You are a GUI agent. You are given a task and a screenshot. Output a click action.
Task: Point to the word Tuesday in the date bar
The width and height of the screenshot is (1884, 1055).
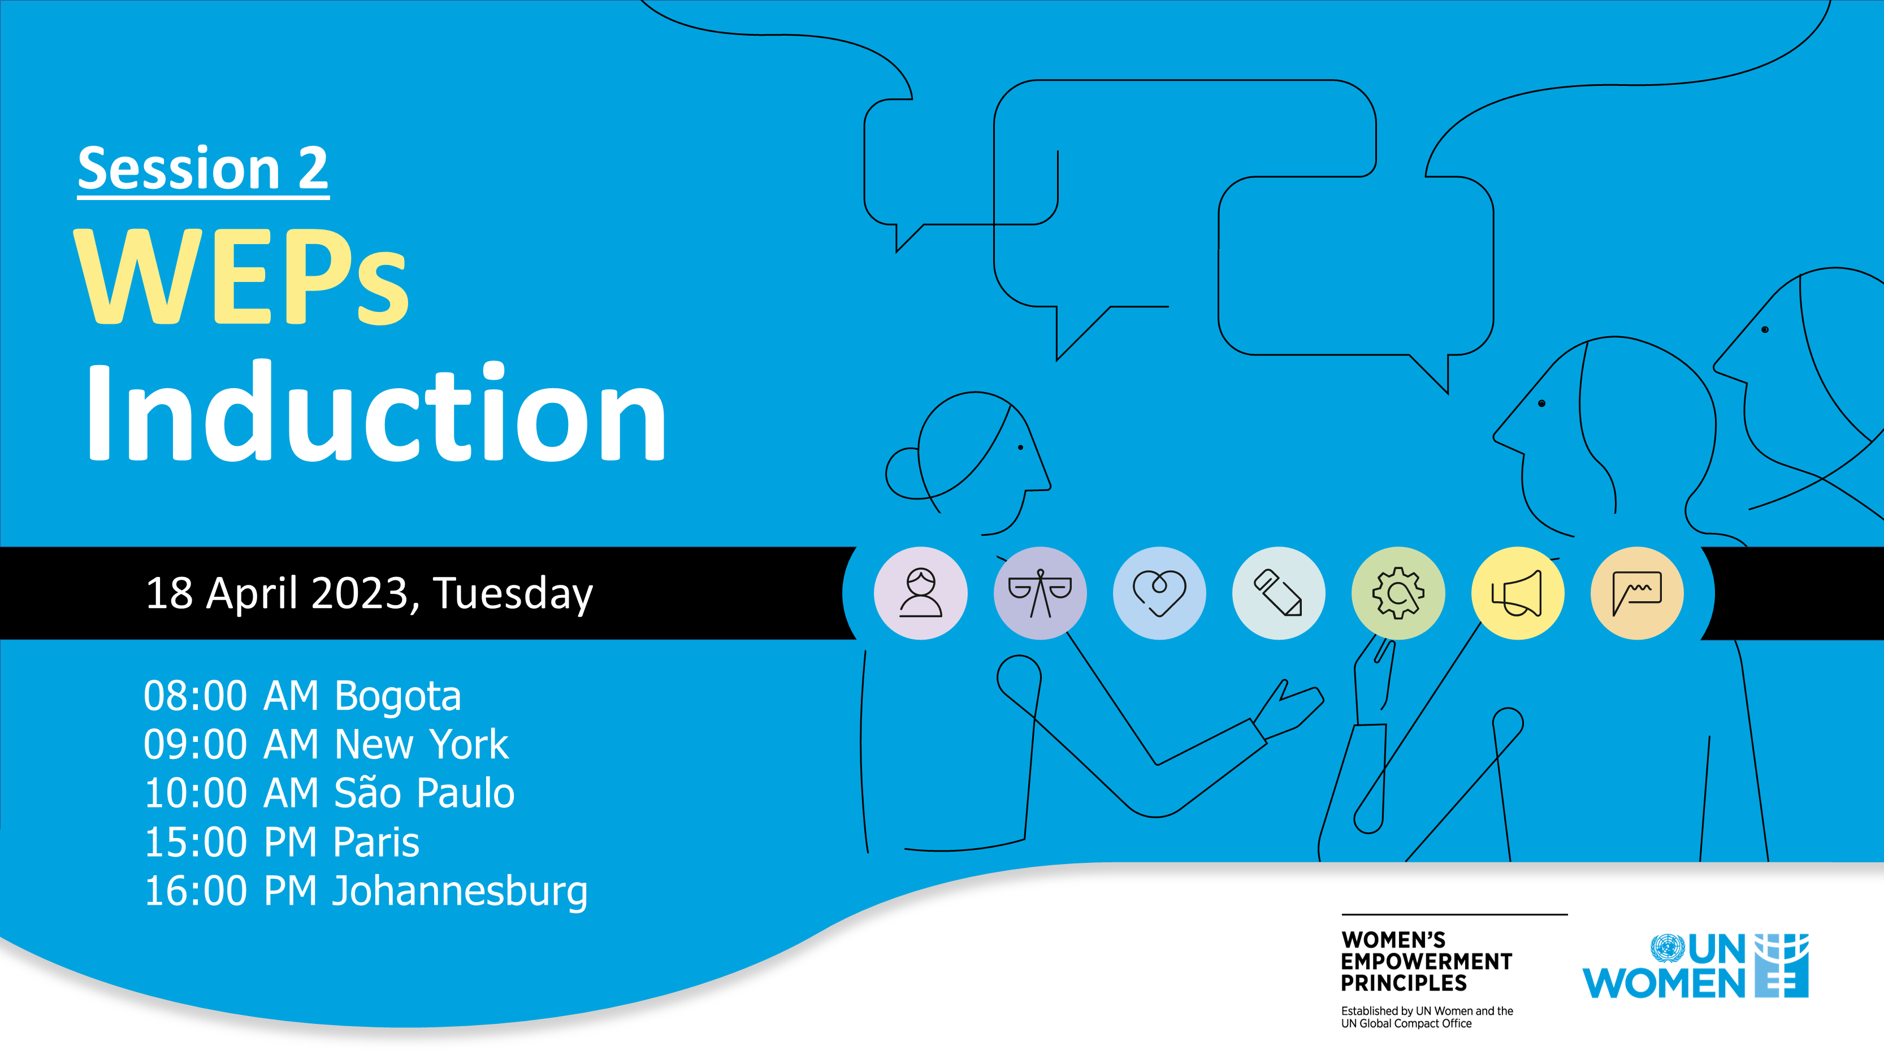tap(513, 594)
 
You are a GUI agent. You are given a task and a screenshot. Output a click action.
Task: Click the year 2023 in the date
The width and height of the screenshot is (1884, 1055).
tap(359, 592)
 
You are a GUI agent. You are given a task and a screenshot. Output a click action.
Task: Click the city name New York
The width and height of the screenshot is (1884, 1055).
tap(421, 744)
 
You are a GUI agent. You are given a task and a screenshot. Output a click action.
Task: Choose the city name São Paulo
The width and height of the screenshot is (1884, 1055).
tap(424, 793)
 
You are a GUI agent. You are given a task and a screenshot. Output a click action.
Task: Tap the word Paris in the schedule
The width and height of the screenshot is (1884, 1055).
tap(376, 842)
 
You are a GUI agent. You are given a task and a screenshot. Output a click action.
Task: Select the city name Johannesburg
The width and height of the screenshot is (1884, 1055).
tap(460, 892)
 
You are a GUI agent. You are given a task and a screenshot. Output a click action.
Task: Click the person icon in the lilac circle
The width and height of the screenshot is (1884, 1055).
tap(921, 593)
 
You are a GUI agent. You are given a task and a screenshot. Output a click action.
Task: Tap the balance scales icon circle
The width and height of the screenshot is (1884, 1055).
tap(1040, 593)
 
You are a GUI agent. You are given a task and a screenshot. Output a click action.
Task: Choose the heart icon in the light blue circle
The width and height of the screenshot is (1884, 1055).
tap(1159, 593)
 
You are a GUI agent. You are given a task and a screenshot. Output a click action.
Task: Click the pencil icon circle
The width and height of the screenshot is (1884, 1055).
tap(1279, 593)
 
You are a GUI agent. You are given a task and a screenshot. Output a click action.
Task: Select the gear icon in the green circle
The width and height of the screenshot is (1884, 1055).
tap(1398, 593)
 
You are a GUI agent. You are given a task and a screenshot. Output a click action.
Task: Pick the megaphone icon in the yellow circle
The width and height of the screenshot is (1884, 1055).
tap(1518, 593)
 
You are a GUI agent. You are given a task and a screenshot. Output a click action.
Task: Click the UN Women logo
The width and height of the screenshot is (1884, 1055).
tap(1695, 966)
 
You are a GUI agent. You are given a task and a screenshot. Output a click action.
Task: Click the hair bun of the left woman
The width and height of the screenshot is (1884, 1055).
tap(903, 474)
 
